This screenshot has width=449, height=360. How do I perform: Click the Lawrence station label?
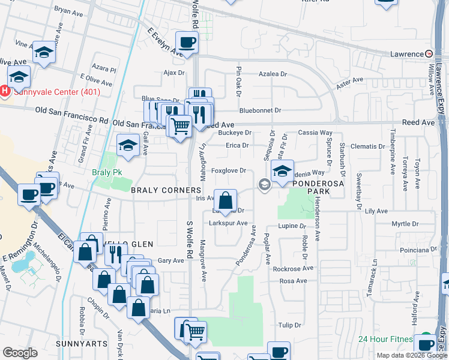tap(406, 54)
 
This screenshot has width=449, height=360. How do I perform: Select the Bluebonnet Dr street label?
tap(260, 110)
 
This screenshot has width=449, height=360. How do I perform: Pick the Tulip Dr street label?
tap(289, 325)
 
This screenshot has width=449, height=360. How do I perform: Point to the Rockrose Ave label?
tap(290, 269)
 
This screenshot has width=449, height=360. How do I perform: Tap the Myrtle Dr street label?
tap(404, 224)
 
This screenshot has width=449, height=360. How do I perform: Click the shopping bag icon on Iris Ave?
tap(225, 200)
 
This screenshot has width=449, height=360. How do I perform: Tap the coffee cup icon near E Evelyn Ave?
tap(187, 43)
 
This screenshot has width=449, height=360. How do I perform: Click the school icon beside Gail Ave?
tap(128, 145)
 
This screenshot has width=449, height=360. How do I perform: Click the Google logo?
tap(20, 353)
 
